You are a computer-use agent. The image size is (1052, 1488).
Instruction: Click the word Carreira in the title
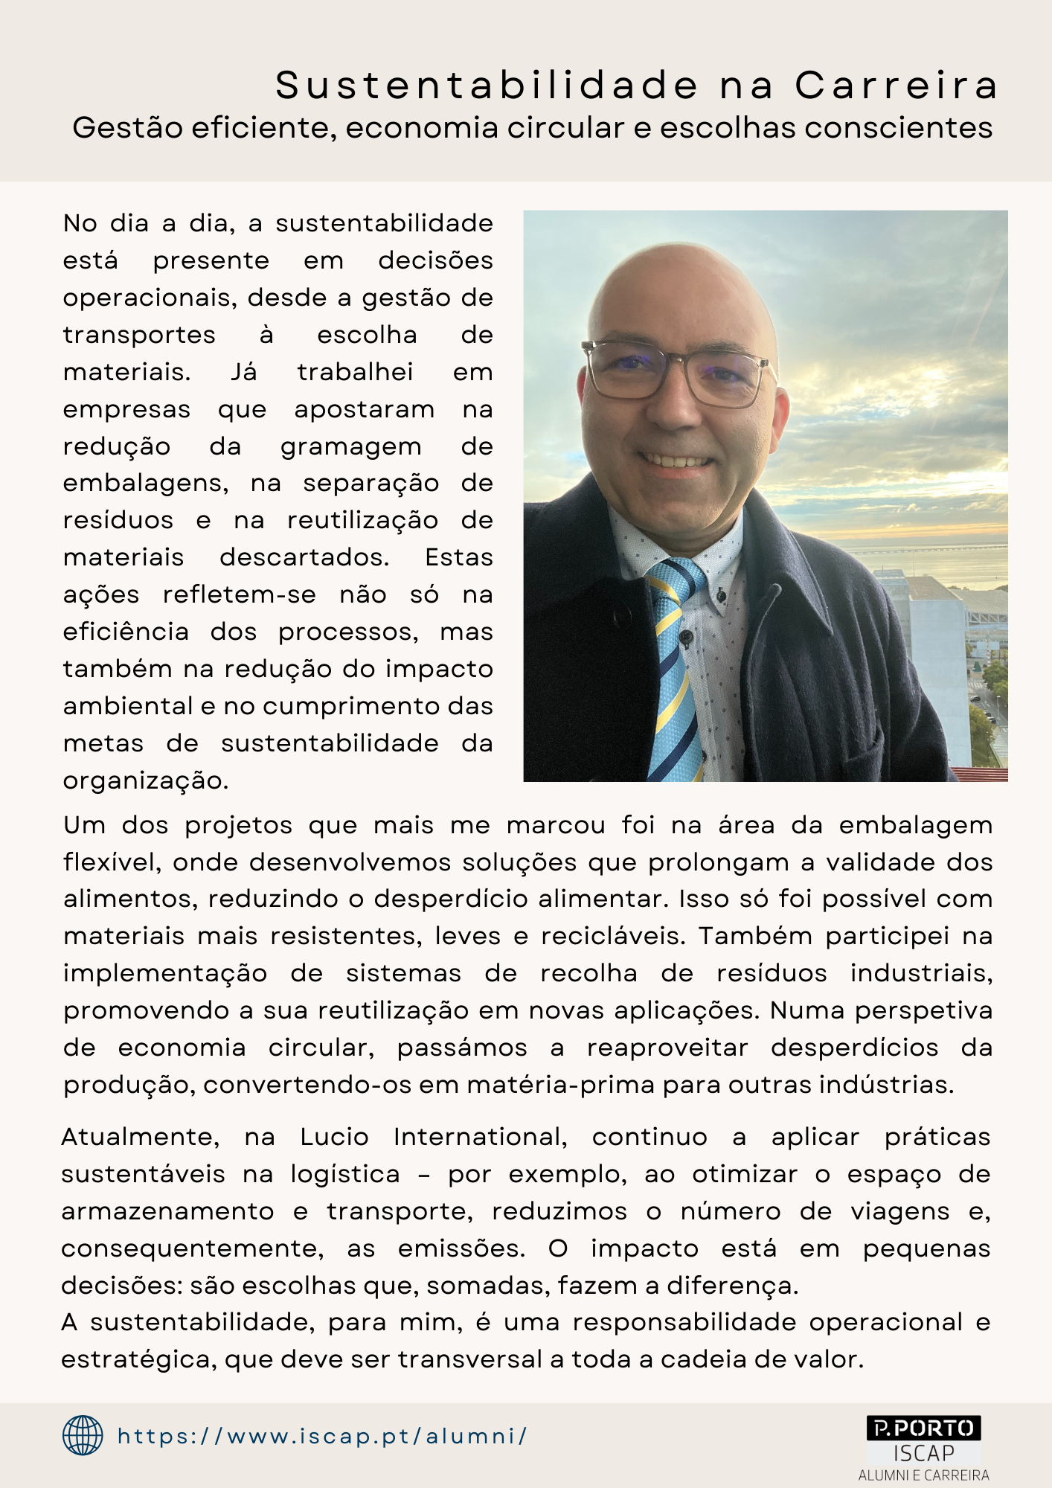pos(897,86)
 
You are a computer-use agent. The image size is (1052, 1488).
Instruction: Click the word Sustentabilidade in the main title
pos(487,86)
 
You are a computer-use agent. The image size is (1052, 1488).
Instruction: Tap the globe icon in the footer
pos(83,1435)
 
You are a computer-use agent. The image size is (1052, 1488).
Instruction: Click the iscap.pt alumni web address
pos(323,1436)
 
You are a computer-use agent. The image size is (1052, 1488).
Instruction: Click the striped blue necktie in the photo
pos(675,670)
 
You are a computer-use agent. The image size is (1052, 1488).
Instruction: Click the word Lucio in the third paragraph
pos(334,1138)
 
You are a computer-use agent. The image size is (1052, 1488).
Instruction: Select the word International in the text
pos(480,1138)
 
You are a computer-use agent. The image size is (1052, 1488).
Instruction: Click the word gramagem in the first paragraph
pos(350,447)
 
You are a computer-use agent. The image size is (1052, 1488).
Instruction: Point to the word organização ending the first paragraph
pos(145,781)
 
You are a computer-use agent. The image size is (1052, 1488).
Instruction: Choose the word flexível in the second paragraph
pos(111,863)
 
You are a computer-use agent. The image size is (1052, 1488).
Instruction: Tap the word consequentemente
pos(192,1249)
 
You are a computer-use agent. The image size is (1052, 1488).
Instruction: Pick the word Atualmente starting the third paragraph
pos(140,1138)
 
